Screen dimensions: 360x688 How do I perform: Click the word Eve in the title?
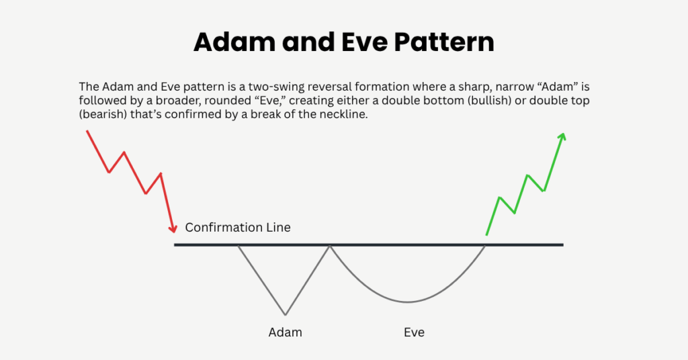coord(355,42)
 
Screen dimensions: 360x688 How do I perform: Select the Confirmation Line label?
coord(238,227)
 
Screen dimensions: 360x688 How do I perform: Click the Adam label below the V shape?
coord(286,332)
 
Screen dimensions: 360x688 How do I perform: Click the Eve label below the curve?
coord(414,332)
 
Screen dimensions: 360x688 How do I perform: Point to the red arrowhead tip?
coord(174,233)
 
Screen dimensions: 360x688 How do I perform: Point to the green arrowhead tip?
coord(563,133)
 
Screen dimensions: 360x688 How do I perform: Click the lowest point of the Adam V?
coord(286,314)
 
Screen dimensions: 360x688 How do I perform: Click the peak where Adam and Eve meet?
coord(329,246)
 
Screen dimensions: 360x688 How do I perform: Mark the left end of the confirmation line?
coord(175,244)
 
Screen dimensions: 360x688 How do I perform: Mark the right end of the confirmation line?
coord(562,244)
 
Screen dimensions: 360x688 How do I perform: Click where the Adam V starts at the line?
coord(239,246)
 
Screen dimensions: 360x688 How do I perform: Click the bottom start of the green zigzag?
coord(486,235)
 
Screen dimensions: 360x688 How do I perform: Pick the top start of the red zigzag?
coord(87,131)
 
